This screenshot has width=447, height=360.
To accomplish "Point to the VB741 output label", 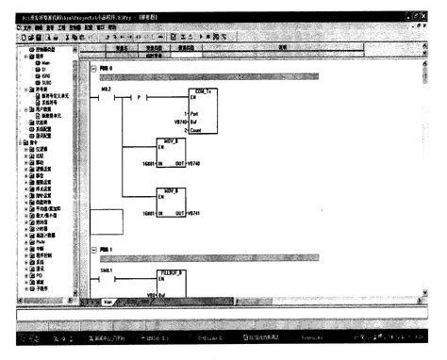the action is tap(196, 214).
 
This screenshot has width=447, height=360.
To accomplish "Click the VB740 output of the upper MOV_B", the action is tap(196, 163).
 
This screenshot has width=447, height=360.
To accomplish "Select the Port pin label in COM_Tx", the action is tap(184, 114).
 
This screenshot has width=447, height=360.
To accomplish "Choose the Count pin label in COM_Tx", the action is tap(186, 129).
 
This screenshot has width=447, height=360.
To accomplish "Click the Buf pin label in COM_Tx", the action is tap(183, 122).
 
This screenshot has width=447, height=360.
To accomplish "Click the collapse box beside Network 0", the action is tap(91, 68).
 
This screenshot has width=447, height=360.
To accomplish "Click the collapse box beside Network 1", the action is tap(91, 250).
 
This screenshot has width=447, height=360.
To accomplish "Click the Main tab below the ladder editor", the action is tap(108, 303).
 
